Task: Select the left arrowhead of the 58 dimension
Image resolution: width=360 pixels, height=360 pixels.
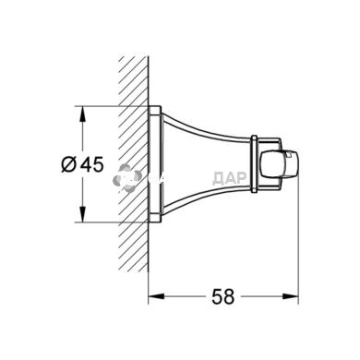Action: coord(153,296)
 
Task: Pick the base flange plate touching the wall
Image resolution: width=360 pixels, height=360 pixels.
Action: coord(152,166)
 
